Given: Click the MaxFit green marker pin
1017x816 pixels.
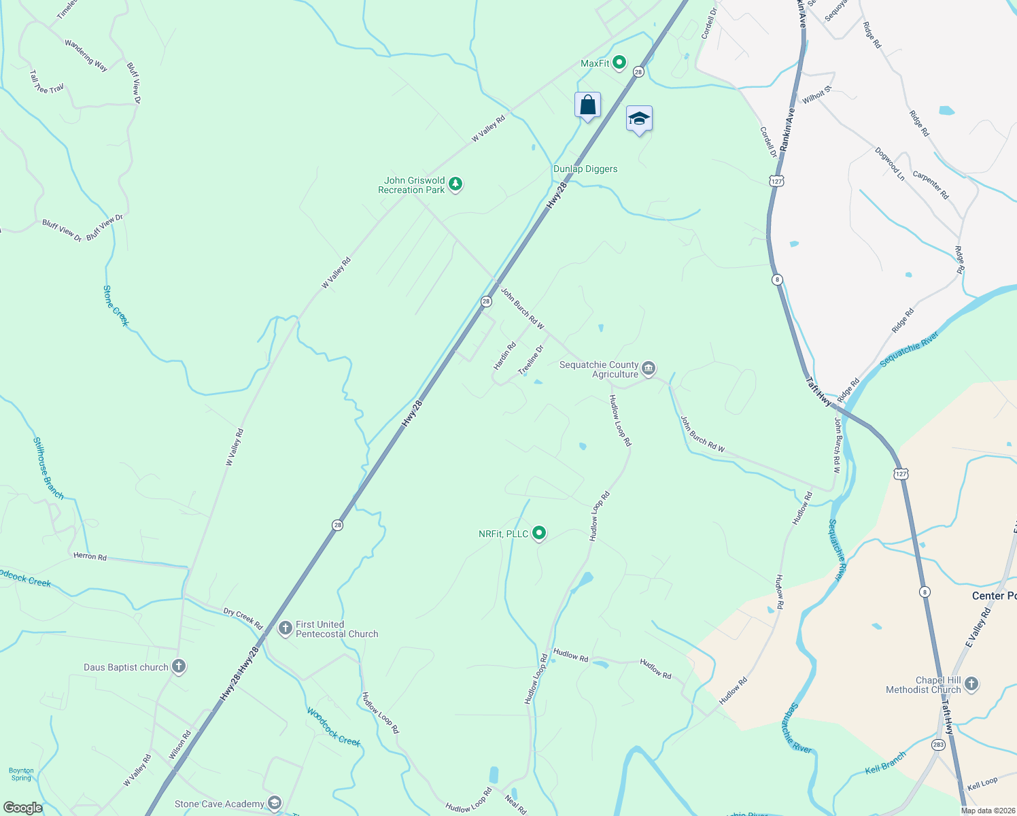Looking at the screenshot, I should [619, 63].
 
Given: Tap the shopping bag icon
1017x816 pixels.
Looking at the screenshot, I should [587, 106].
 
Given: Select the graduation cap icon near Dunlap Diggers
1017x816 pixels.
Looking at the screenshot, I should [639, 119].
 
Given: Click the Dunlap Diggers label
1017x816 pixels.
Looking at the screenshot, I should [585, 169].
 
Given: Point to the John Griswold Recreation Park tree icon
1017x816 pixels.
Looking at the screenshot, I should [455, 184].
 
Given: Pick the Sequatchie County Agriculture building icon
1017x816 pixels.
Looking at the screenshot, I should [649, 369].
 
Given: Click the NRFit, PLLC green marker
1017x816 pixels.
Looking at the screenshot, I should [539, 533].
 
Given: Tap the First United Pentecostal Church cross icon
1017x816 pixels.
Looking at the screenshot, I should [286, 628].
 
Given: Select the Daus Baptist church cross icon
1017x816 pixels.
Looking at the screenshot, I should [179, 666].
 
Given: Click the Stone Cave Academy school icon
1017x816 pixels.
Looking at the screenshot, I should [275, 804].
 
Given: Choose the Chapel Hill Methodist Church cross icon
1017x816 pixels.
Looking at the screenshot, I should [971, 684].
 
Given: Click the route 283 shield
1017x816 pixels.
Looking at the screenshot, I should [939, 745].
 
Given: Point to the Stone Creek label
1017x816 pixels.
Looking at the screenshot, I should [116, 306].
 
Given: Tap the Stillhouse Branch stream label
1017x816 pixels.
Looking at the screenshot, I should [48, 469].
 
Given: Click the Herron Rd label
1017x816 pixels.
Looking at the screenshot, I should [90, 556].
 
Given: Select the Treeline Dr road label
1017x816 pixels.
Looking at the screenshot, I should [532, 360].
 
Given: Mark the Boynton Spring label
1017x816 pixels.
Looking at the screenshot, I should [21, 774].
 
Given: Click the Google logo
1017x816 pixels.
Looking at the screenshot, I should [22, 808].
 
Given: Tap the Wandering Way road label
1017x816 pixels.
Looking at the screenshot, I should [86, 55].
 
